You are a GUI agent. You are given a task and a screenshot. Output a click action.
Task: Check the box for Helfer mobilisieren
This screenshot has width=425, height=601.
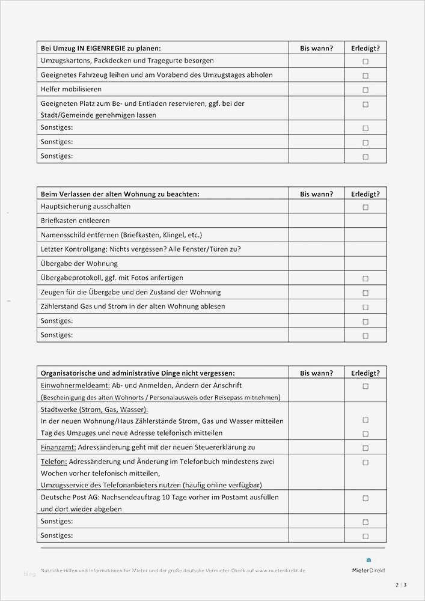[x=365, y=90]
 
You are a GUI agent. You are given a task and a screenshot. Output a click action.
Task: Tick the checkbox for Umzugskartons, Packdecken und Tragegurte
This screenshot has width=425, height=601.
[x=365, y=61]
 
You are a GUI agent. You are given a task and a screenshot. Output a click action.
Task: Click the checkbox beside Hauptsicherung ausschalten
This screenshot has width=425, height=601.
[x=365, y=207]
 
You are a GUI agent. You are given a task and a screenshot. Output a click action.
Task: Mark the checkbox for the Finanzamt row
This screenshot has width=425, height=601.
[x=365, y=448]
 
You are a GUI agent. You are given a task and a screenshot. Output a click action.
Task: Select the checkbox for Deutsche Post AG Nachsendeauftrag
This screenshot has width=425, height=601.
[x=365, y=498]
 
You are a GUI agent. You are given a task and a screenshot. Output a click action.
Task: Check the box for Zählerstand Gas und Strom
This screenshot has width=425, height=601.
[x=365, y=307]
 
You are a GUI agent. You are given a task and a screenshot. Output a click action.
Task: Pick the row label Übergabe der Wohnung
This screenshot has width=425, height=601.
[x=79, y=263]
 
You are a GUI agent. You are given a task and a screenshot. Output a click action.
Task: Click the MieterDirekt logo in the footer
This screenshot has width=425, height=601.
[x=368, y=566]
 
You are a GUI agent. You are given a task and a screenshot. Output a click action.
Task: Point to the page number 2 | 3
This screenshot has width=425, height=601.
[x=401, y=585]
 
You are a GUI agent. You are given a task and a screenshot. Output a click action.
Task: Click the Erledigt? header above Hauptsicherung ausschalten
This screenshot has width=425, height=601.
[x=365, y=194]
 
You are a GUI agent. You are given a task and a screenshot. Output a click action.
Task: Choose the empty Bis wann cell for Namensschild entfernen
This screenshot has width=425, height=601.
[x=316, y=235]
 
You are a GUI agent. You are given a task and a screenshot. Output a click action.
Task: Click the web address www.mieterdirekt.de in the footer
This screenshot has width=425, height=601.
[x=280, y=570]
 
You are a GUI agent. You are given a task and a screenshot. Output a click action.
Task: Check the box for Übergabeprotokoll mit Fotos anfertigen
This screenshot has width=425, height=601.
[x=365, y=279]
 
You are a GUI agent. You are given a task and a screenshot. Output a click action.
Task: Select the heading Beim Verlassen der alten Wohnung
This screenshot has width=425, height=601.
[x=120, y=194]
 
